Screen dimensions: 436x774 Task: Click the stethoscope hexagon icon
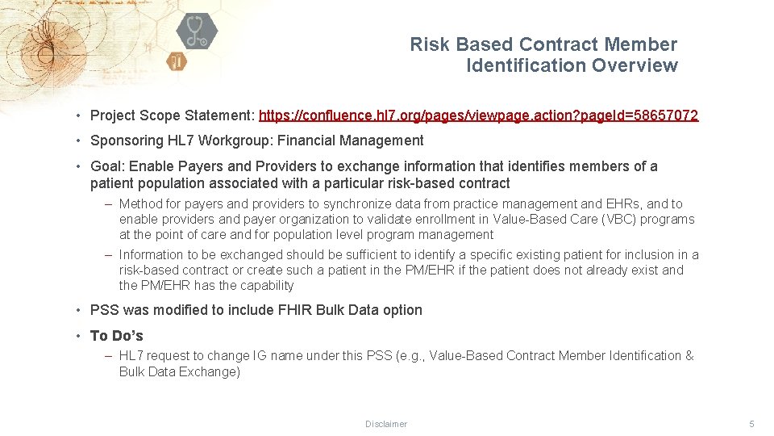(196, 31)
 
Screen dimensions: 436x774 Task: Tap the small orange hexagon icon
(177, 61)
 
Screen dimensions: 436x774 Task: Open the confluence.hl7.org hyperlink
(478, 115)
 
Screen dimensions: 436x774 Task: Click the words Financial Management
(351, 140)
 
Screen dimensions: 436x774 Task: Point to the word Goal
(106, 166)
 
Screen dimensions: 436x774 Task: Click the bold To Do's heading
(117, 336)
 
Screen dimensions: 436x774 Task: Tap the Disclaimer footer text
(386, 424)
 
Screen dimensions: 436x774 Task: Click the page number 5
(751, 424)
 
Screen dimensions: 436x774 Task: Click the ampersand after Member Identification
(689, 356)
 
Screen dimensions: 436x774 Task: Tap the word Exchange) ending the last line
(212, 371)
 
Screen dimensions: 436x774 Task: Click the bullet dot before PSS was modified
(80, 310)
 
